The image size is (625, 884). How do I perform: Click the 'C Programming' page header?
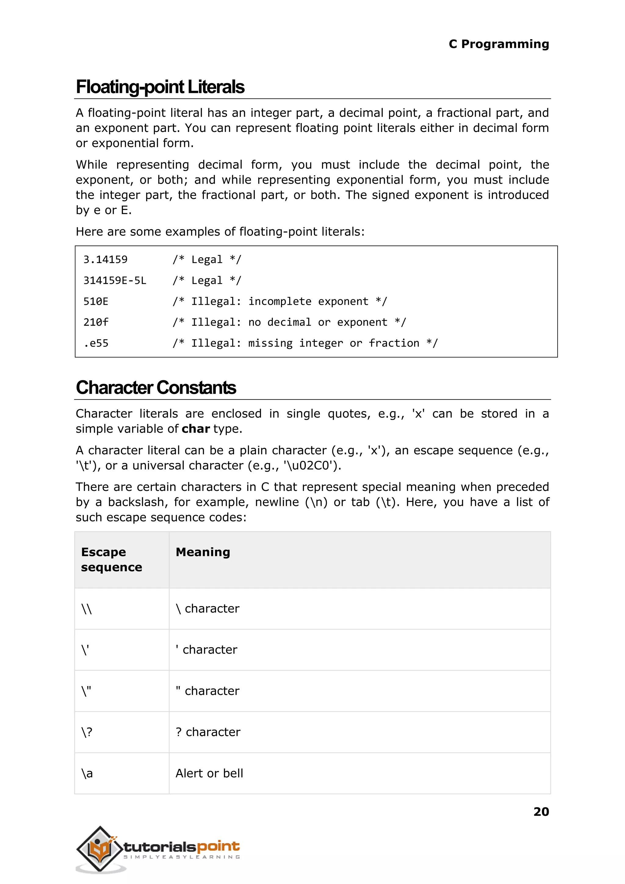click(498, 44)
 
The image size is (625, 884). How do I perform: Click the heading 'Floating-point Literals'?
click(160, 87)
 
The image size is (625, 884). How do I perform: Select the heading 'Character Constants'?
click(156, 388)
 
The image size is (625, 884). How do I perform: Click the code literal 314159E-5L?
click(115, 280)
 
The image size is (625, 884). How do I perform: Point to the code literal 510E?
click(96, 301)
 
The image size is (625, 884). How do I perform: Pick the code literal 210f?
click(96, 322)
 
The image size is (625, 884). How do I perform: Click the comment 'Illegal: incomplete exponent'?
click(280, 301)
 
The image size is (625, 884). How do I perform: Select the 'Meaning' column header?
click(203, 552)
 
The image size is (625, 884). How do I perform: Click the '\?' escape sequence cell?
click(87, 732)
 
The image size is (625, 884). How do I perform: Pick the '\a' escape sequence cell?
click(87, 773)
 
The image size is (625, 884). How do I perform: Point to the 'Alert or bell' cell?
click(209, 773)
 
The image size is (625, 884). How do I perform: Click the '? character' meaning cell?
click(208, 732)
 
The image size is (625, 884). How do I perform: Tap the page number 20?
click(541, 811)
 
